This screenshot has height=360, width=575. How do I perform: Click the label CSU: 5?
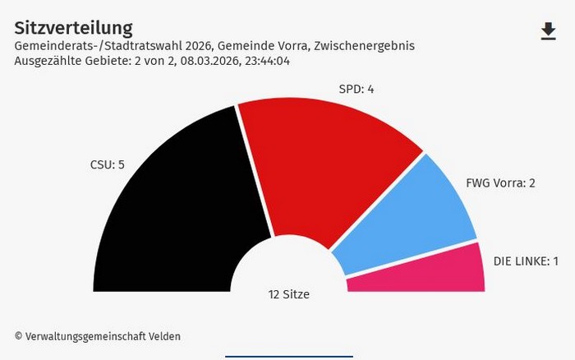click(x=107, y=164)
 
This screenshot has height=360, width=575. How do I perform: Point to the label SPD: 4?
click(x=356, y=89)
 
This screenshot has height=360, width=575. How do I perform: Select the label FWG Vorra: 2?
click(x=500, y=182)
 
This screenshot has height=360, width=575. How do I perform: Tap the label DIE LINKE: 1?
click(x=526, y=261)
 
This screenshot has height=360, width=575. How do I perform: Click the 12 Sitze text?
click(x=289, y=294)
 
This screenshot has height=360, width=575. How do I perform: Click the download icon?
click(x=548, y=31)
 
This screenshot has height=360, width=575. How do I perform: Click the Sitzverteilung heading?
click(x=73, y=29)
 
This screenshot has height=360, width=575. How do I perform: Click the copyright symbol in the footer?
click(x=18, y=336)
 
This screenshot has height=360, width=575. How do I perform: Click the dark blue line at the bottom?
click(x=288, y=357)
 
